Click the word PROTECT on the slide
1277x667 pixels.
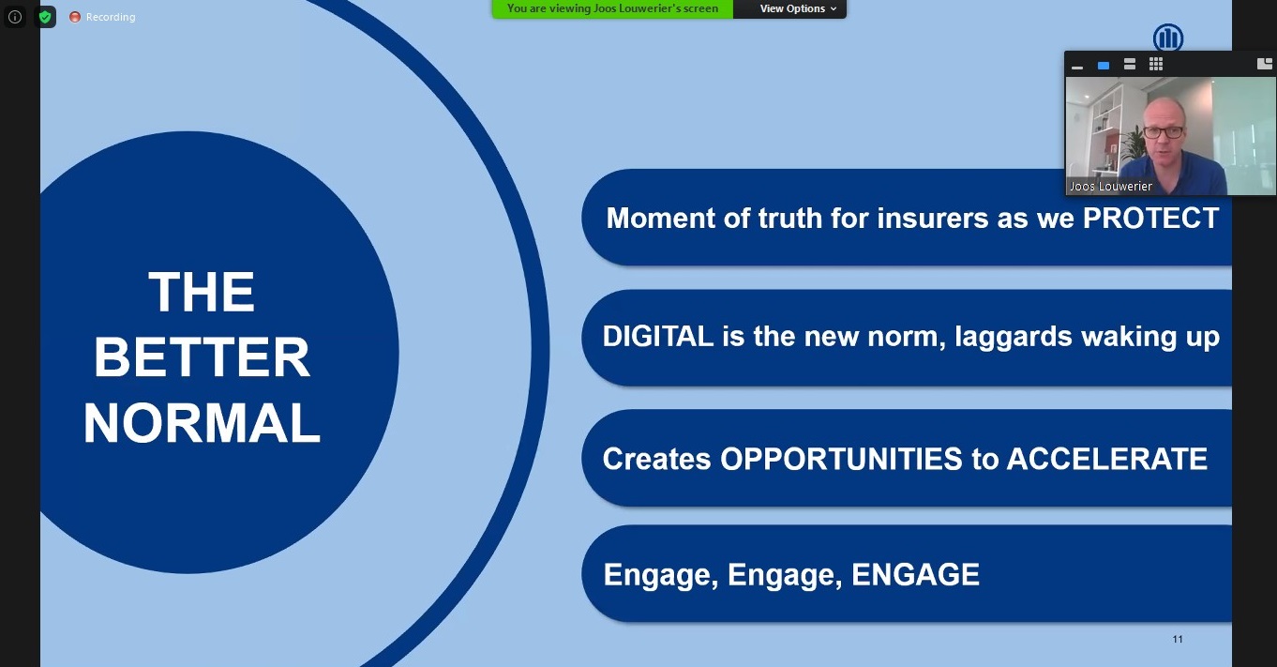click(x=1150, y=218)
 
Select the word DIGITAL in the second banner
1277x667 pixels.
click(x=658, y=336)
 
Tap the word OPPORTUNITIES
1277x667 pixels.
click(x=841, y=459)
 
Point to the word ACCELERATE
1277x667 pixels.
click(x=1107, y=459)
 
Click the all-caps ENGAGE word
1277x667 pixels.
click(x=915, y=574)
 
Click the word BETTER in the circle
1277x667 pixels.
click(x=202, y=357)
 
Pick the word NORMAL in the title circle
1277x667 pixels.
click(x=202, y=423)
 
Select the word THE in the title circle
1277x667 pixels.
click(x=202, y=292)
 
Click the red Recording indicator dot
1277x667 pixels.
click(x=75, y=17)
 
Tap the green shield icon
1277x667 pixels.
click(x=45, y=17)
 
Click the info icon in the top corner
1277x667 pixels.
click(x=15, y=17)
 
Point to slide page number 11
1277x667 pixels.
click(x=1178, y=639)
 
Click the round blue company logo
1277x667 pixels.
click(x=1168, y=38)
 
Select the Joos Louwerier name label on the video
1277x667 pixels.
click(x=1110, y=186)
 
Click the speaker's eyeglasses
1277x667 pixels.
click(x=1164, y=131)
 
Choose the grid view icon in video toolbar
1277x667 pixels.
click(x=1155, y=65)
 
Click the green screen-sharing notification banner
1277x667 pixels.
click(x=612, y=8)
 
